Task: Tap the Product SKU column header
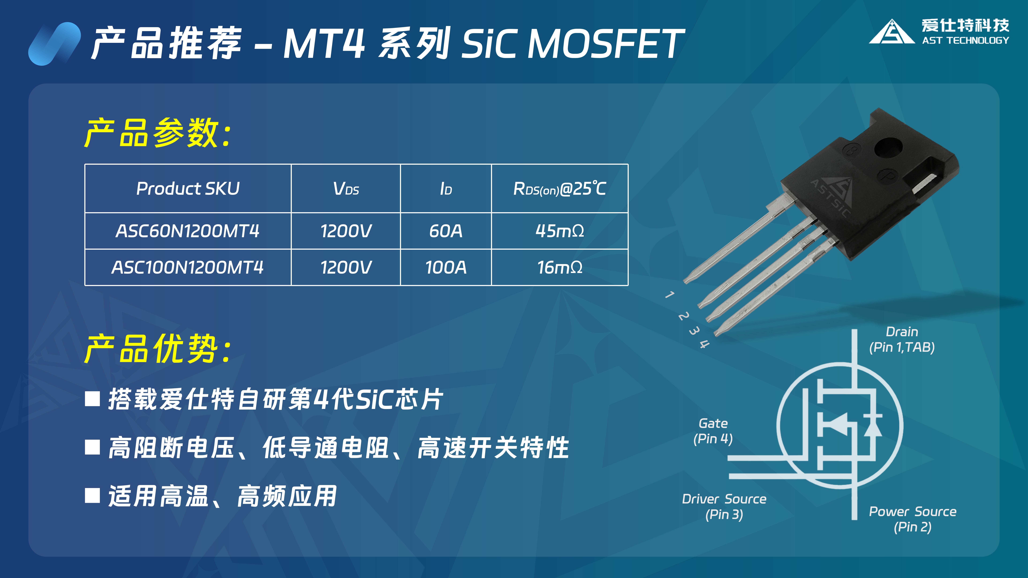coord(188,188)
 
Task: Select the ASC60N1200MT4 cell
coord(188,231)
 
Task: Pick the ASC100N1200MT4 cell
coord(188,267)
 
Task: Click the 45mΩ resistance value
coord(560,231)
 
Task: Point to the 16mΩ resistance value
coord(560,267)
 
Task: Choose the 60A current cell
coord(446,231)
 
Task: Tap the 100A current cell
coord(446,267)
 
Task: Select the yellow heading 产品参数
coord(158,133)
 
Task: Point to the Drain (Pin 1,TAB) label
coord(902,339)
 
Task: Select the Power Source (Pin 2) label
coord(913,519)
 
